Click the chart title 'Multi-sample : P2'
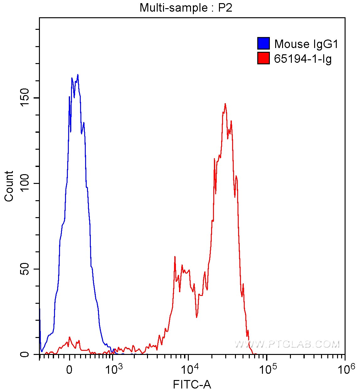(x=186, y=8)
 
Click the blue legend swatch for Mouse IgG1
(x=263, y=44)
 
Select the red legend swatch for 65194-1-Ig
(x=263, y=58)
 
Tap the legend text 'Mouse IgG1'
(x=306, y=44)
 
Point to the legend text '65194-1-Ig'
(x=303, y=59)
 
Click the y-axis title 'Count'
(x=9, y=186)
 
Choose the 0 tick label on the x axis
(x=69, y=369)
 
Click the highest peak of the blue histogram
(x=78, y=75)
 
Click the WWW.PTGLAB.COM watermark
(x=287, y=344)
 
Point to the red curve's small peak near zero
(x=69, y=337)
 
